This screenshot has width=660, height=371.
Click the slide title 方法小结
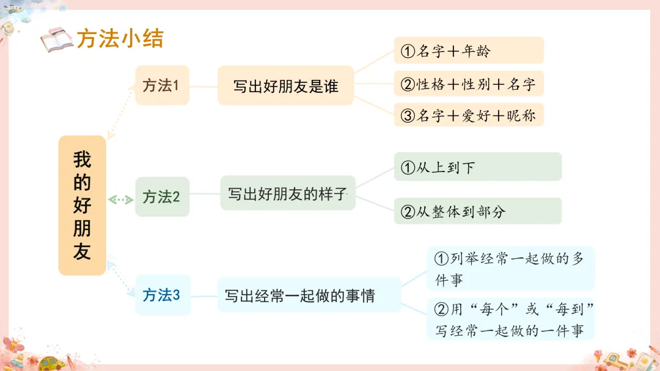pyautogui.click(x=120, y=39)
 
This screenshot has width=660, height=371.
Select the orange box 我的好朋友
pyautogui.click(x=82, y=206)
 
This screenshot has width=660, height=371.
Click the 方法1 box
pyautogui.click(x=162, y=85)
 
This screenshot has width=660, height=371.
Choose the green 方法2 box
pyautogui.click(x=162, y=197)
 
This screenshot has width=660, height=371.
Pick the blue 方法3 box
pyautogui.click(x=162, y=295)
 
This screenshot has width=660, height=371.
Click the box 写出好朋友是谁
pyautogui.click(x=285, y=86)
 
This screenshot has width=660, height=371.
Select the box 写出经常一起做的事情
pyautogui.click(x=309, y=296)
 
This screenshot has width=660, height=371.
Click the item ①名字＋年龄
pyautogui.click(x=469, y=51)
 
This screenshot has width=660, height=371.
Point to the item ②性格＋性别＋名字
pyautogui.click(x=469, y=84)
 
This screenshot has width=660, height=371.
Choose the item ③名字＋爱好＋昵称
pyautogui.click(x=469, y=115)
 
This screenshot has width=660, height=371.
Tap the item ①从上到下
pyautogui.click(x=477, y=167)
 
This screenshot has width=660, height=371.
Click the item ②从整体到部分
pyautogui.click(x=477, y=211)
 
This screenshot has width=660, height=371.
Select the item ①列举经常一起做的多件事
pyautogui.click(x=510, y=268)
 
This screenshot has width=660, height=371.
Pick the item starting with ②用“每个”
pyautogui.click(x=510, y=320)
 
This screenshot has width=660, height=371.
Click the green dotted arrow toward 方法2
pyautogui.click(x=120, y=200)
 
